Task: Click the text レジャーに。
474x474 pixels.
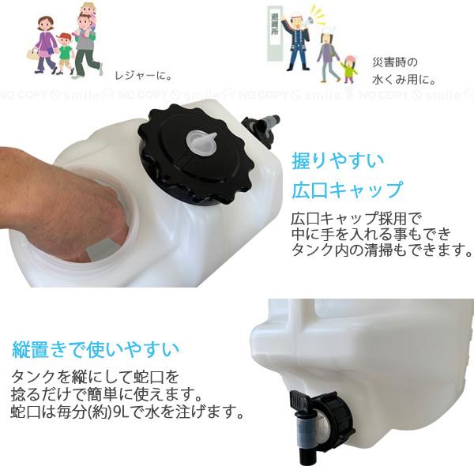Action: (x=141, y=77)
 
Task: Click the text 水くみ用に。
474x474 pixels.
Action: (x=404, y=79)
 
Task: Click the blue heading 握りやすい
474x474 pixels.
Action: (x=337, y=160)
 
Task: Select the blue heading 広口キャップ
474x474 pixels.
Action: (x=347, y=190)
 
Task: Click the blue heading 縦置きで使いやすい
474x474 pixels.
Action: (x=96, y=348)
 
